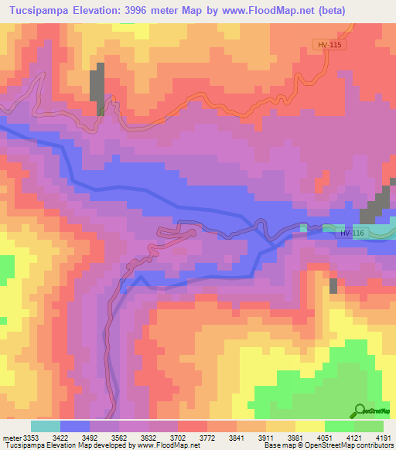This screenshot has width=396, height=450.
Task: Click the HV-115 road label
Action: click(329, 46)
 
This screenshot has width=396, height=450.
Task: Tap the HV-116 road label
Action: click(350, 234)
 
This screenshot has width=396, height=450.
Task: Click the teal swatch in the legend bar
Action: click(46, 426)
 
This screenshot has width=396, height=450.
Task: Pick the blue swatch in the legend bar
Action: click(75, 426)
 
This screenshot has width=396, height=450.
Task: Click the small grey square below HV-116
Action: click(333, 285)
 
